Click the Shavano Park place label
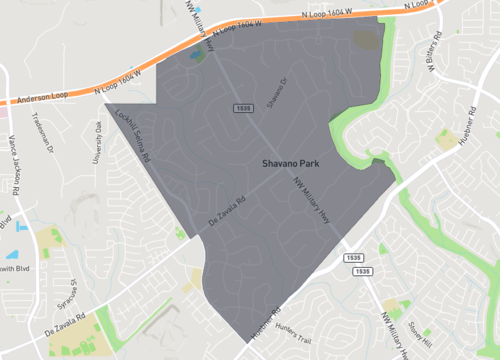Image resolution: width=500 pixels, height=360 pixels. coord(290,161)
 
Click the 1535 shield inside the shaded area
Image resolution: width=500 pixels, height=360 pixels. coord(242,107)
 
